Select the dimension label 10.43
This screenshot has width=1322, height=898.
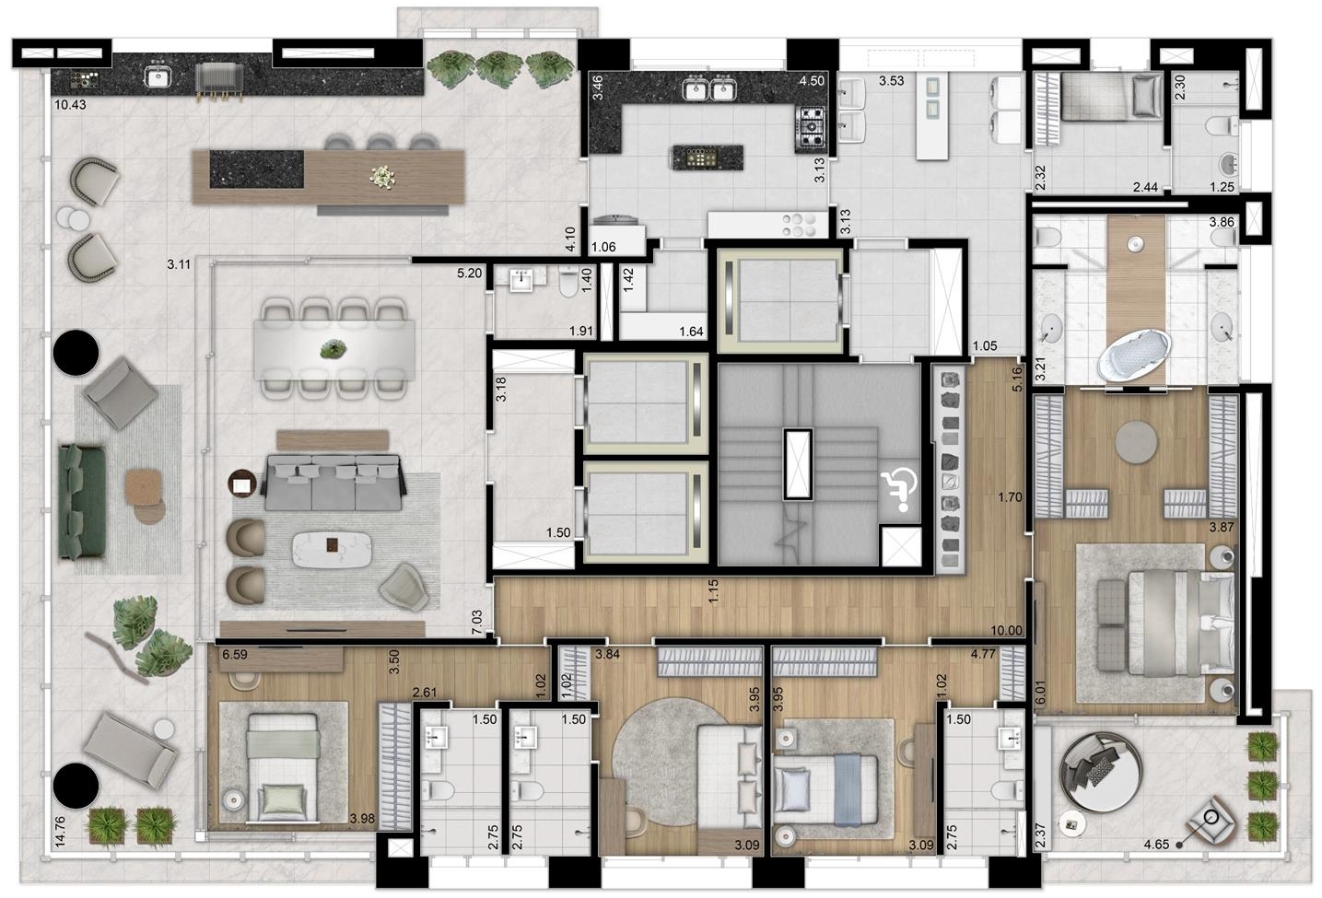(x=70, y=105)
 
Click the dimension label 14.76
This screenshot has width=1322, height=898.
(x=61, y=832)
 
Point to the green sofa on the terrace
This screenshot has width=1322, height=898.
(x=82, y=500)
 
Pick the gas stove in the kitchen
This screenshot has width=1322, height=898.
(x=812, y=128)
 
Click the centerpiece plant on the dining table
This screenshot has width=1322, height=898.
(x=333, y=350)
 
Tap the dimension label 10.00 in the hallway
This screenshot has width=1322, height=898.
(x=1006, y=630)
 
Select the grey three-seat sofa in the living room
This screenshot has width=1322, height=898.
(x=334, y=482)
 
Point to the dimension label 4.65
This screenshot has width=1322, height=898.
(x=1156, y=845)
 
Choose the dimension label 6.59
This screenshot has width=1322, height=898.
(x=234, y=654)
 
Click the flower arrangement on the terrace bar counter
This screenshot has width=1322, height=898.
(x=383, y=177)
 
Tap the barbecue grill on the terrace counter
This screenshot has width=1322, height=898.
(x=219, y=81)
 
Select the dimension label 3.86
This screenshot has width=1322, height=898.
(x=1221, y=223)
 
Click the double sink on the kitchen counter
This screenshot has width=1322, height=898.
(x=709, y=88)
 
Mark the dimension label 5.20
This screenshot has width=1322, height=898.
(x=469, y=274)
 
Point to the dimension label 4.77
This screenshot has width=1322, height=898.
(x=983, y=654)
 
